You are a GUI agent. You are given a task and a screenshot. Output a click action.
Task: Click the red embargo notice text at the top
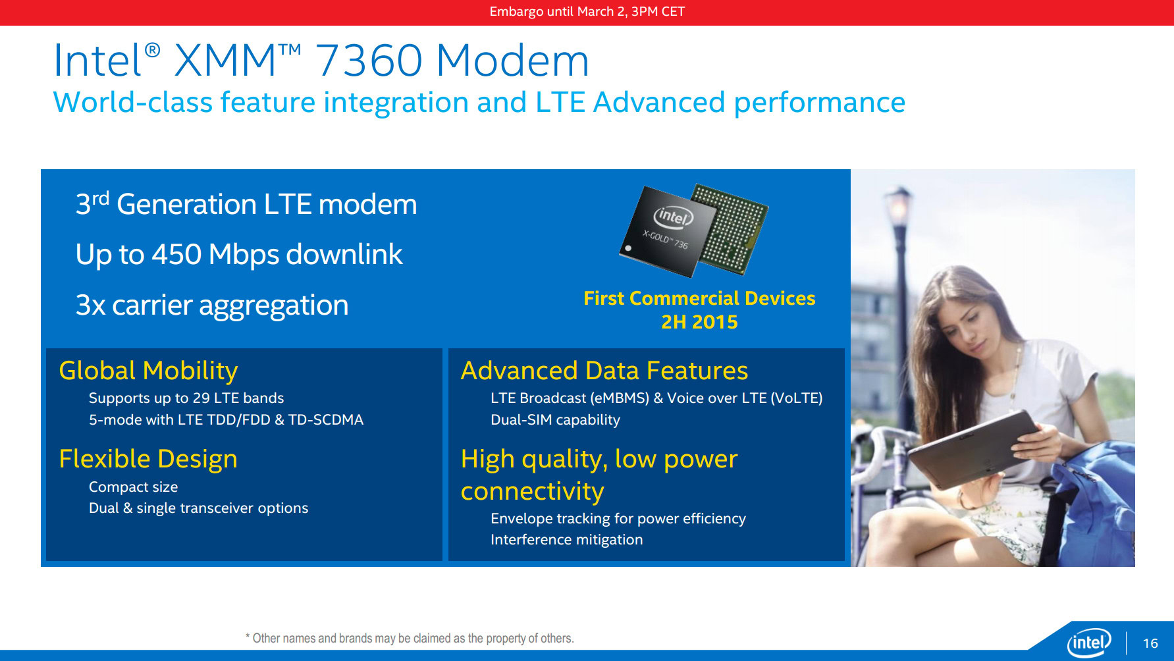tap(587, 12)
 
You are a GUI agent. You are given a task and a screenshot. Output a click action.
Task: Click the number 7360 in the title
tap(369, 61)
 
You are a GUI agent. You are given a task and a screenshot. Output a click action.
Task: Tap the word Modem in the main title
tap(512, 61)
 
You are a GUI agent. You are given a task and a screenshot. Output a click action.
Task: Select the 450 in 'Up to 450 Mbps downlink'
tap(176, 255)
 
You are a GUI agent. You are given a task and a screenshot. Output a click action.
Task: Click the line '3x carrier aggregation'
tap(211, 305)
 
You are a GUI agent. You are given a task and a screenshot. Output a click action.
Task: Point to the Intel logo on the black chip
tap(673, 216)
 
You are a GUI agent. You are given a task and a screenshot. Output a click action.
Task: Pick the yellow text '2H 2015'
tap(699, 322)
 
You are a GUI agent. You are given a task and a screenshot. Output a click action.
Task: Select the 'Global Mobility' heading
tap(148, 371)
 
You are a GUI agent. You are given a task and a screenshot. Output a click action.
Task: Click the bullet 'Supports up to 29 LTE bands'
tap(186, 398)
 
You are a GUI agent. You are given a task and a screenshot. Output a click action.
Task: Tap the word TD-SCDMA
tap(326, 420)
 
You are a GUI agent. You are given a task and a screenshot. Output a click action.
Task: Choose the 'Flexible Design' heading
tap(148, 459)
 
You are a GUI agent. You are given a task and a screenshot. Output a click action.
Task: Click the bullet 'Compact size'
tap(133, 487)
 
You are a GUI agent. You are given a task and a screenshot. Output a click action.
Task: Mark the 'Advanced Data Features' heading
tap(604, 371)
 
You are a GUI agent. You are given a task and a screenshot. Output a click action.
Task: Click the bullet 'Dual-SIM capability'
tap(555, 420)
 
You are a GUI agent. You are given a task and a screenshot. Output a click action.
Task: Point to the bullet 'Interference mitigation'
tap(566, 540)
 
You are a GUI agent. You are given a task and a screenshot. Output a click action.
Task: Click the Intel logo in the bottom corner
tap(1088, 643)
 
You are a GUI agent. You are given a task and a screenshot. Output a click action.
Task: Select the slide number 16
tap(1150, 643)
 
